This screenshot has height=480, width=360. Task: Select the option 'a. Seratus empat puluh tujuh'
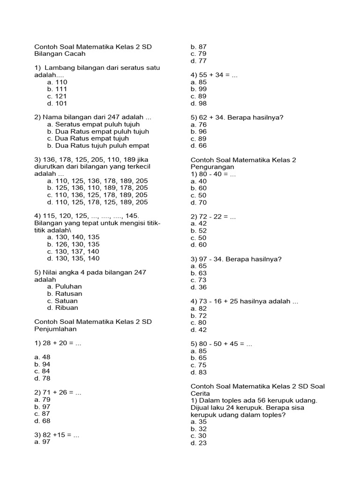[x=93, y=124]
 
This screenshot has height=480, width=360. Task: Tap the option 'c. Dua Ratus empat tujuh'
[x=88, y=138]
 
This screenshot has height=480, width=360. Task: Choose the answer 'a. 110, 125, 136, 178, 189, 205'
[x=97, y=181]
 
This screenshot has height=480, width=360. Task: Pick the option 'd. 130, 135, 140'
[x=73, y=258]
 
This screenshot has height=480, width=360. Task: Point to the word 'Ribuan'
[x=67, y=307]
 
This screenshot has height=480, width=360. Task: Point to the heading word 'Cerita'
[x=201, y=393]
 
